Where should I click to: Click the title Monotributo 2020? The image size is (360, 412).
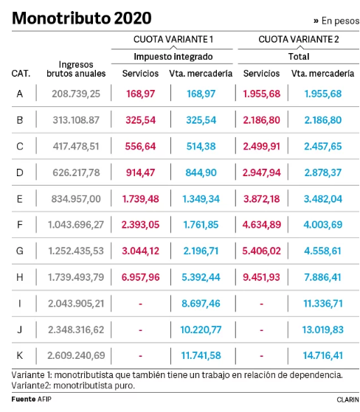point(81,18)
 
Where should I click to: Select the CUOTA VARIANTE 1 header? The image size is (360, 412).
point(173,39)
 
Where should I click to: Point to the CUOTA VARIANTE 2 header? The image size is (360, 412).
point(299,39)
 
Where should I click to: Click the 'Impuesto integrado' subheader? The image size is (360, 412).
point(173,56)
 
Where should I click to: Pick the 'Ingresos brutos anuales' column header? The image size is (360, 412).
point(76,69)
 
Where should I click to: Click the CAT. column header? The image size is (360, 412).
point(21,74)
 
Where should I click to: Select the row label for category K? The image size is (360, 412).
point(20,355)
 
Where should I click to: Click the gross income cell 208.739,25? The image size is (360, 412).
point(76,94)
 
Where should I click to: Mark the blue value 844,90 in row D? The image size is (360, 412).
point(201,172)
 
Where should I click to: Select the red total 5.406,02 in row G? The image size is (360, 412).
point(262,251)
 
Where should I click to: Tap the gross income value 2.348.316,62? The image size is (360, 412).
point(76,329)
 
